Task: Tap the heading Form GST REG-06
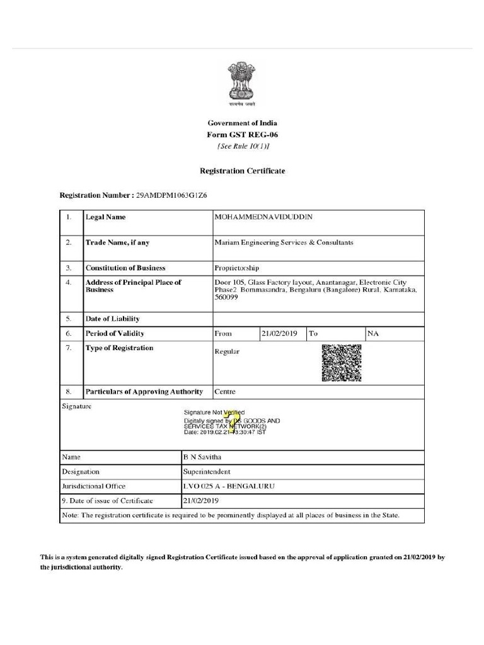coord(242,135)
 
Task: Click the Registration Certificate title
coord(242,171)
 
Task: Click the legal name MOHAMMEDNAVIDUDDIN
coord(263,217)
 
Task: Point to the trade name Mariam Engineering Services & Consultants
coord(284,243)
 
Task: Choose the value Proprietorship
coord(236,268)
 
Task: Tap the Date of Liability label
coord(113,319)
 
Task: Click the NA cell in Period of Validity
coord(372,333)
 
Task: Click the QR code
coord(341,363)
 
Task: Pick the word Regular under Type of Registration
coord(227,351)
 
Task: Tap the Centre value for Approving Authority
coord(225,392)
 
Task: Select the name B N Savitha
coord(202,457)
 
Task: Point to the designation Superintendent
coord(207,471)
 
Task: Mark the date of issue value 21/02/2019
coord(200,501)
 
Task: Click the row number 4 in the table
coord(68,283)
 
